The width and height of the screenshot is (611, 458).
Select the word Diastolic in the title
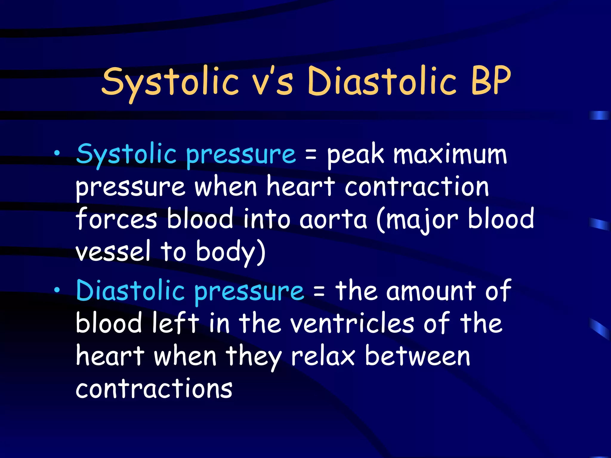point(382,81)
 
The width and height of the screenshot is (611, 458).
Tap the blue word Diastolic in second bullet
point(130,291)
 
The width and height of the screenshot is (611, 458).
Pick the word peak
point(355,156)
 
